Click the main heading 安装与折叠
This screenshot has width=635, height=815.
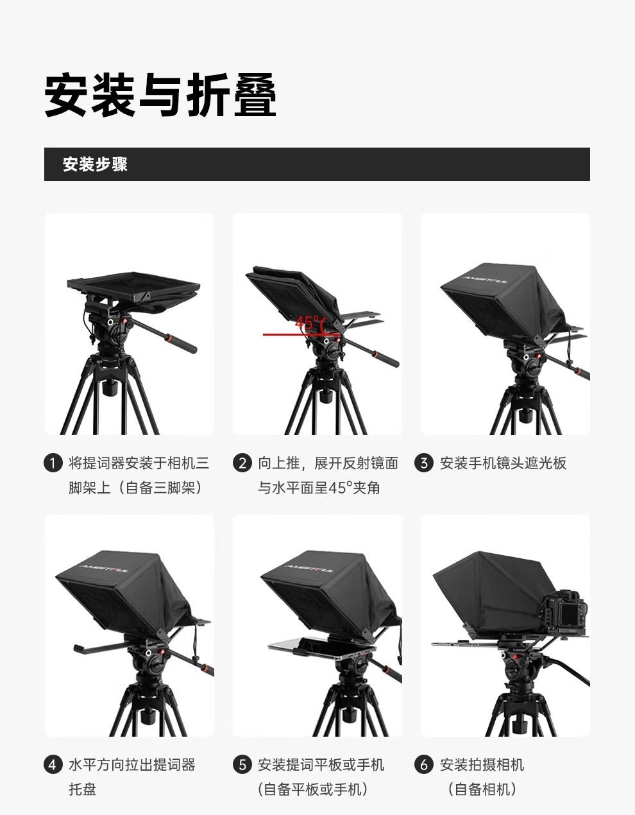pyautogui.click(x=160, y=95)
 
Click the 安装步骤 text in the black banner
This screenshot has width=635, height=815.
pyautogui.click(x=95, y=164)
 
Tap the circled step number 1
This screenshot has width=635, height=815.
pyautogui.click(x=53, y=463)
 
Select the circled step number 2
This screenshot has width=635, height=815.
pyautogui.click(x=242, y=463)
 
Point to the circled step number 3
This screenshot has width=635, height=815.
pyautogui.click(x=423, y=463)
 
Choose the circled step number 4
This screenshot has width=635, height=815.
pyautogui.click(x=53, y=764)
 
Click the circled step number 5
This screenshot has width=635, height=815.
pyautogui.click(x=242, y=764)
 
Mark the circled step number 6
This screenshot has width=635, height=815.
pyautogui.click(x=423, y=764)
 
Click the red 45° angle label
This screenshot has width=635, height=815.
pyautogui.click(x=307, y=322)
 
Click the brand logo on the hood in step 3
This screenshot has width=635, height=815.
pyautogui.click(x=485, y=279)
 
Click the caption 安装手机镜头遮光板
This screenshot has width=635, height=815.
pyautogui.click(x=503, y=463)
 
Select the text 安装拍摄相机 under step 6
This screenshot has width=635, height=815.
pyautogui.click(x=482, y=764)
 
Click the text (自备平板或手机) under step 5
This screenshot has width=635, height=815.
pyautogui.click(x=312, y=789)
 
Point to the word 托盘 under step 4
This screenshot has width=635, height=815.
pyautogui.click(x=83, y=789)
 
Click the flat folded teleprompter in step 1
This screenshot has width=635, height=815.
pyautogui.click(x=133, y=287)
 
